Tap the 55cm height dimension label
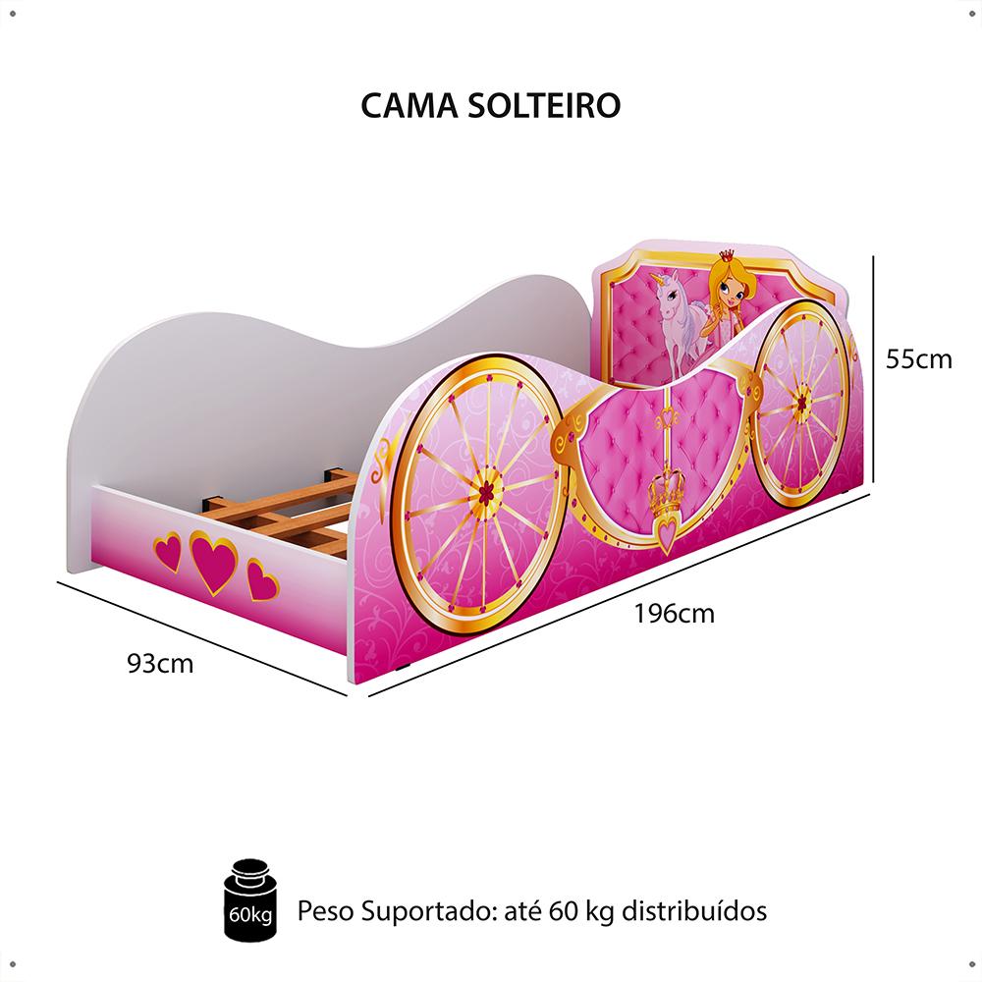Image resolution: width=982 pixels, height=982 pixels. (918, 359)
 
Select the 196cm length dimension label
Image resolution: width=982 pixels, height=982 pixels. (674, 615)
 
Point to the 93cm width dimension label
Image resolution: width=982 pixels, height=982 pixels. (160, 664)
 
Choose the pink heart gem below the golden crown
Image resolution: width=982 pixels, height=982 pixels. (667, 536)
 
